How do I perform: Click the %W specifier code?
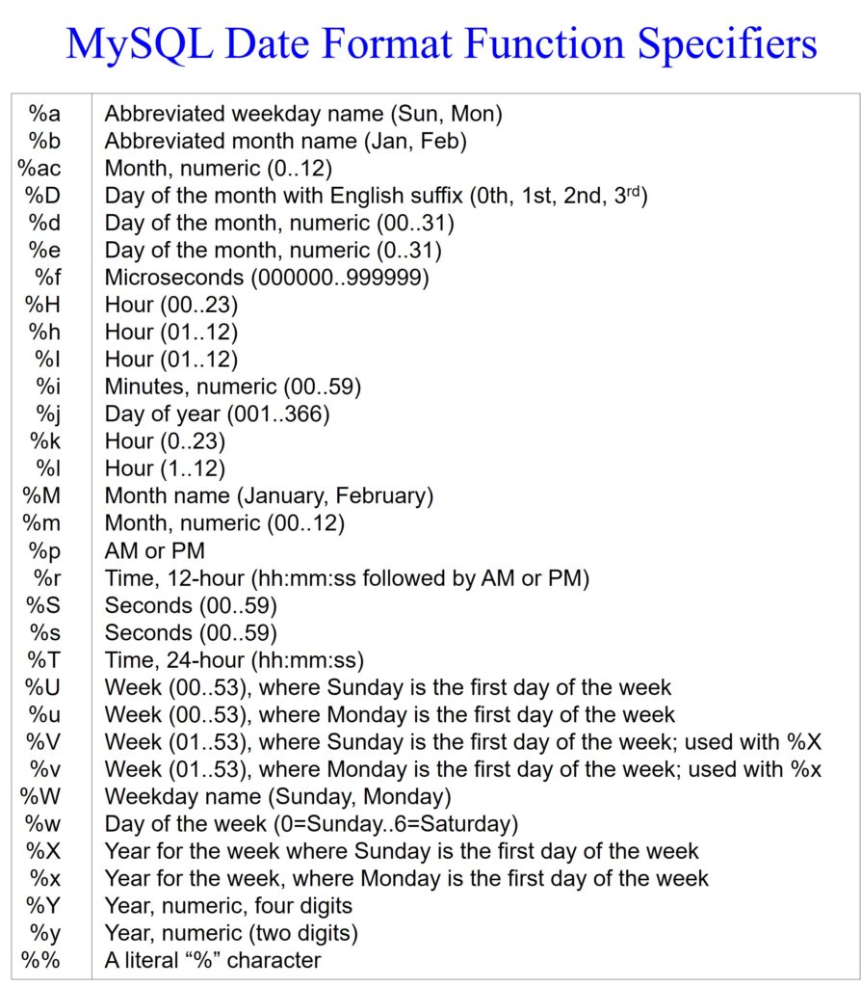click(43, 797)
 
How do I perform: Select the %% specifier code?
click(41, 961)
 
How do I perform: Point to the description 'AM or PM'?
click(154, 551)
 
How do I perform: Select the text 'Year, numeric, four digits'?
click(228, 906)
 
